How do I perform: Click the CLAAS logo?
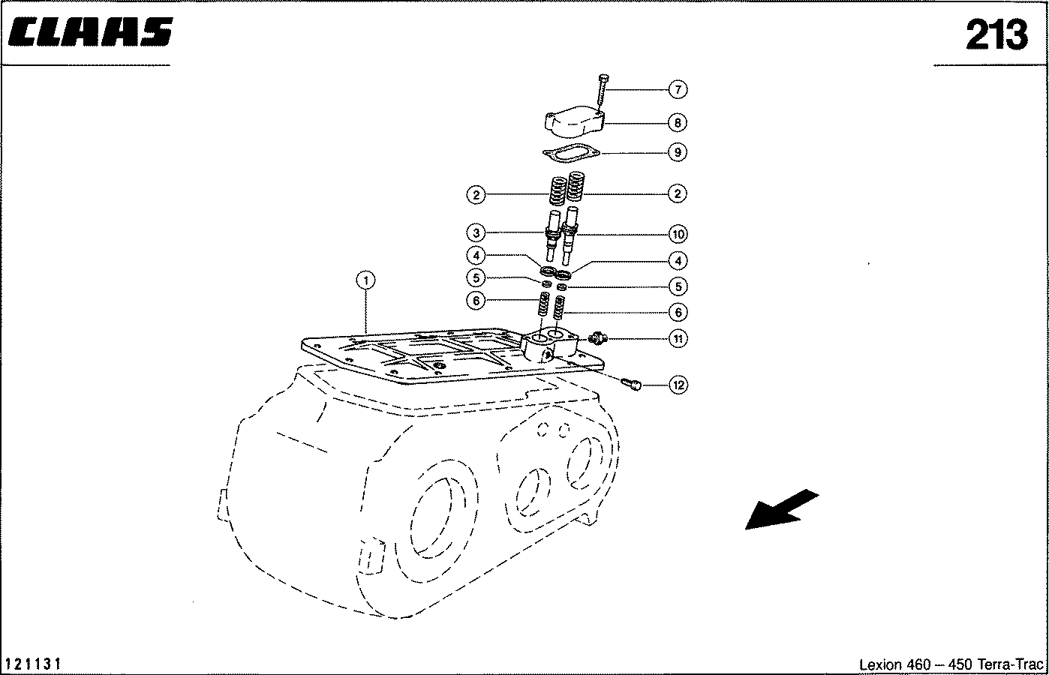(90, 31)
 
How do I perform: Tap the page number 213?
(996, 35)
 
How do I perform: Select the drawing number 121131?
(33, 664)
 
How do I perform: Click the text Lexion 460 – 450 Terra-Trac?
(951, 664)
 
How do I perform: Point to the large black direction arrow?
(781, 510)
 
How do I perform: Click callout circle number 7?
(678, 89)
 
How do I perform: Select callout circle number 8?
(678, 123)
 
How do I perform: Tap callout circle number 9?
(678, 152)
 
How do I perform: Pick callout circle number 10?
(678, 234)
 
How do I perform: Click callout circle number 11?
(678, 338)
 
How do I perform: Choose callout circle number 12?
(678, 385)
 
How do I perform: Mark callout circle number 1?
(365, 280)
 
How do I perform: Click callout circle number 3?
(476, 232)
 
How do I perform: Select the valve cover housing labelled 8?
(575, 122)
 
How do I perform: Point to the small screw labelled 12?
(631, 384)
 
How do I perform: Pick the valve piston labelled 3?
(553, 235)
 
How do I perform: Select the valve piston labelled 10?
(570, 235)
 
